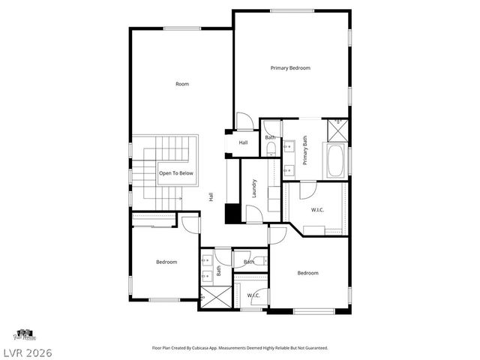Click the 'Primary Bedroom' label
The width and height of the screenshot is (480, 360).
290,68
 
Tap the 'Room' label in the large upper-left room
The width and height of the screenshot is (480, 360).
182,84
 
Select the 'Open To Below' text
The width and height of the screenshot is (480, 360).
175,173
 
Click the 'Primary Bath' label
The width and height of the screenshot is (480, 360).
305,150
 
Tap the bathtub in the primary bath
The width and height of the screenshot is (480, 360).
335,160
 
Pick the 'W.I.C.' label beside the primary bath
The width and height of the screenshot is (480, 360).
318,210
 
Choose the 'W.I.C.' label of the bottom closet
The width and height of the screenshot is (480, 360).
253,295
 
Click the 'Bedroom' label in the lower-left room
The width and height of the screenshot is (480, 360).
166,262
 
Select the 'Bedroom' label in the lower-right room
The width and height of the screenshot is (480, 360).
307,273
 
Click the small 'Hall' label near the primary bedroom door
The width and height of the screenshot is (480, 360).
243,142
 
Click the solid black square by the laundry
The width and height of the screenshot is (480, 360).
232,213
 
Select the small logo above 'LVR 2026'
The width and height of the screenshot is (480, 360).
25,334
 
